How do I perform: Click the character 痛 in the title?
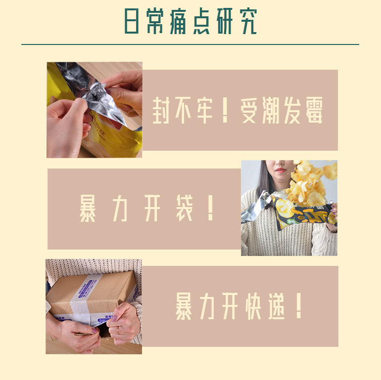coord(178,21)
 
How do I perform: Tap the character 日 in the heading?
coord(132,21)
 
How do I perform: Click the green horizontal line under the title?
coord(190,44)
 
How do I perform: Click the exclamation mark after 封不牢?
coord(225,110)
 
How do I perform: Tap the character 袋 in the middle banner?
coord(185,208)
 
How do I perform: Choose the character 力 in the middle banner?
coord(120,208)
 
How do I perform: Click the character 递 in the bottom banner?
coord(276,306)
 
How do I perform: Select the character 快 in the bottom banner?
coord(253,306)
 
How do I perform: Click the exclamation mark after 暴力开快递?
coord(299,305)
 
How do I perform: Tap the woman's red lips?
coord(281,170)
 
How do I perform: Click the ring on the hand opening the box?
coord(118,329)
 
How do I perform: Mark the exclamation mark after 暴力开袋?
coord(210,208)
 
